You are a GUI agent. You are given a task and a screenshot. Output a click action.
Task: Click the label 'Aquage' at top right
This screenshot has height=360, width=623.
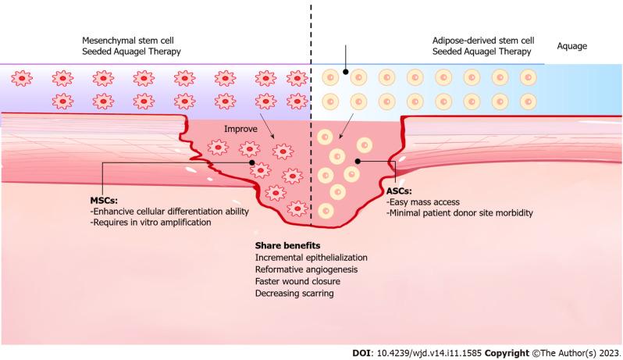tap(572, 46)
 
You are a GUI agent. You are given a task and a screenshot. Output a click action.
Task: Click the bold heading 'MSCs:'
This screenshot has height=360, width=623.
tap(105, 199)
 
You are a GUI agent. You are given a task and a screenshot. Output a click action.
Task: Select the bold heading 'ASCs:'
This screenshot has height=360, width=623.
tap(400, 190)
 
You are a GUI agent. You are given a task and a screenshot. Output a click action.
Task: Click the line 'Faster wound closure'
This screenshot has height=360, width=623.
tap(296, 281)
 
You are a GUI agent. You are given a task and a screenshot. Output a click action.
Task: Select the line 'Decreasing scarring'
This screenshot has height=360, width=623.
tap(293, 293)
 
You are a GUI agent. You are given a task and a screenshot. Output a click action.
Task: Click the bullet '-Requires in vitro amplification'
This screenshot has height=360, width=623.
tap(152, 223)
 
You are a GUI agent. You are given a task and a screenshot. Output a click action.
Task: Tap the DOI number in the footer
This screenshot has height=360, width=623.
tap(433, 351)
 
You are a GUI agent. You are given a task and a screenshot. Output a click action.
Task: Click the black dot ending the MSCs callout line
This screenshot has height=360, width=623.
tap(252, 164)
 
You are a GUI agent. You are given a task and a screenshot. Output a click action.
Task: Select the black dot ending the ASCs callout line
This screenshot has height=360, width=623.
tap(357, 162)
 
